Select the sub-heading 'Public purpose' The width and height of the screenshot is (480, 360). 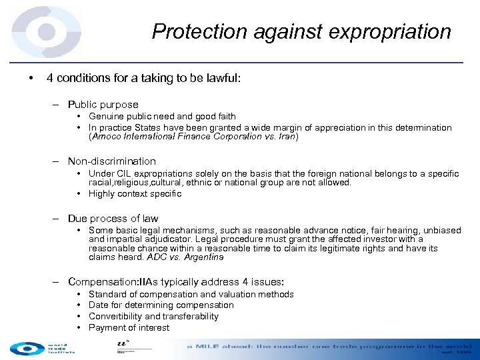103,105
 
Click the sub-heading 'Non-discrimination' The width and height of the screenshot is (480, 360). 112,161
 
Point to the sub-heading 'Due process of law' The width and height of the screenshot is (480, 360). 113,219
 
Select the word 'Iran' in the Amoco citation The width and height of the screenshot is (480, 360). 287,137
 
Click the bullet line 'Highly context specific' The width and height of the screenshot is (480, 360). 135,194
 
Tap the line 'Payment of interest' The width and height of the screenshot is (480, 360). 129,328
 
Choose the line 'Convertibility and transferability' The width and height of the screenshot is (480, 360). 153,317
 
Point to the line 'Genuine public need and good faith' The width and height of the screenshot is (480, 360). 162,117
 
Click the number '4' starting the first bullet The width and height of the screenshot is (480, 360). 50,78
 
